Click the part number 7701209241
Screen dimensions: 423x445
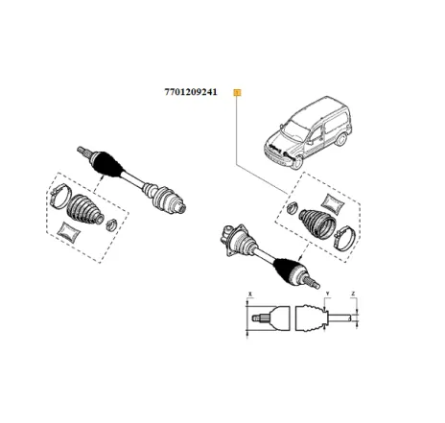[191, 93]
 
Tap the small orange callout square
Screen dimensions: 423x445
[238, 93]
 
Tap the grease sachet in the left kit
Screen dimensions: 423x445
[67, 232]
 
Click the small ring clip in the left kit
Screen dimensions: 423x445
[110, 224]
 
